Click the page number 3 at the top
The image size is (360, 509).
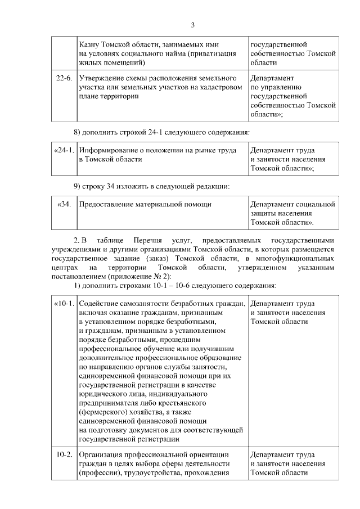click(x=192, y=25)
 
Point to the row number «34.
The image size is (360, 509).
click(x=65, y=204)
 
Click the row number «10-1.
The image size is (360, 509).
click(x=64, y=304)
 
